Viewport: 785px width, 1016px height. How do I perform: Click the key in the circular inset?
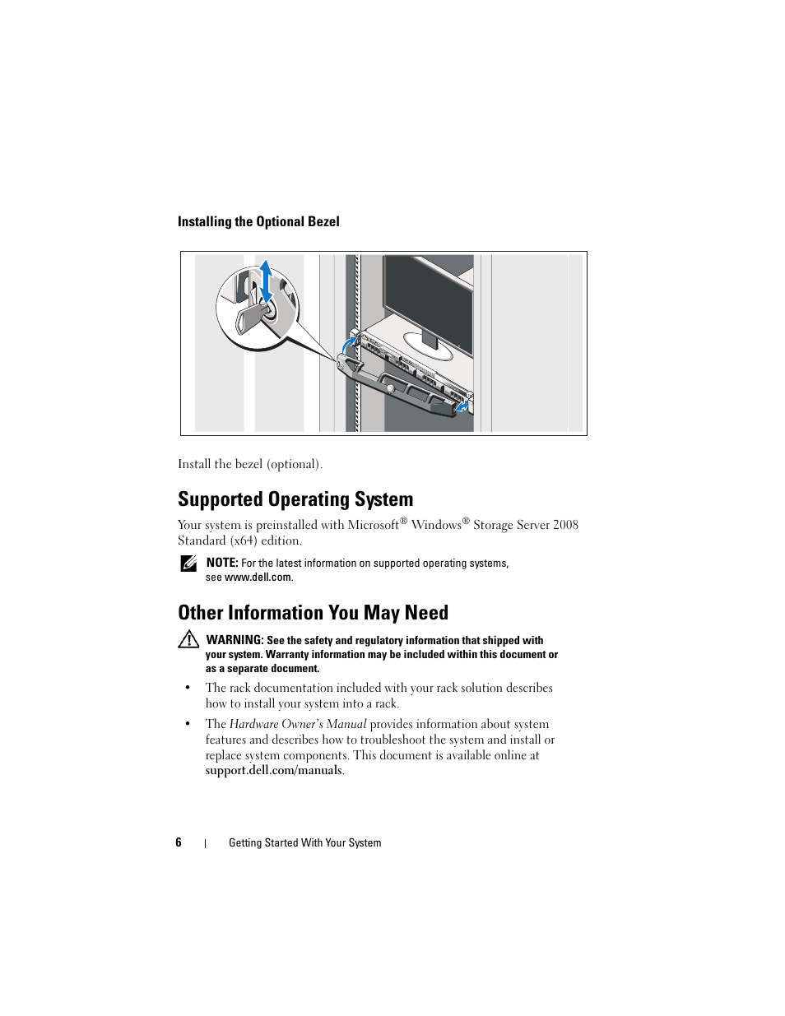[x=251, y=317]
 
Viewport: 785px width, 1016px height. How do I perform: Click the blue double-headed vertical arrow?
[x=265, y=282]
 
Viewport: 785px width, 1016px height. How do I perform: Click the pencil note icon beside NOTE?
[x=188, y=564]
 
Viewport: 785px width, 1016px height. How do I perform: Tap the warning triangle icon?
[x=188, y=639]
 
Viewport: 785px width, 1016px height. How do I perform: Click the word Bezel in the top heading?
[x=323, y=221]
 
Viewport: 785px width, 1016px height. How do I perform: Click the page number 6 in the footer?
[x=179, y=842]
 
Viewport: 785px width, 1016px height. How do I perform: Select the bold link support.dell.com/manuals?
[x=273, y=770]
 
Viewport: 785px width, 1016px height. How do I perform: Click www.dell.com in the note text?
[x=258, y=577]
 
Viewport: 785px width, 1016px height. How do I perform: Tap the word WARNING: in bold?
[x=235, y=640]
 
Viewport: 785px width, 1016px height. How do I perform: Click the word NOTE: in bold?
[x=222, y=563]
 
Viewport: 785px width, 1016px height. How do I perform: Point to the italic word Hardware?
[x=253, y=724]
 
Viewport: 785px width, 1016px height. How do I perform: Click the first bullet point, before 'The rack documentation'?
[x=188, y=688]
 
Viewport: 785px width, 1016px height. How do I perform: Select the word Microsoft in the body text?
[x=373, y=525]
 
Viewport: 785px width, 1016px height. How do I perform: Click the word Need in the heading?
[x=426, y=613]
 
